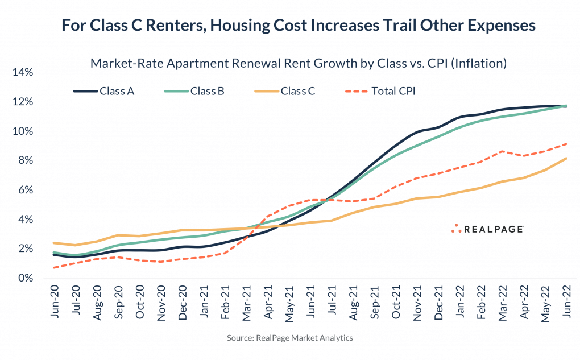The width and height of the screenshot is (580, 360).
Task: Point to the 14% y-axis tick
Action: (x=24, y=72)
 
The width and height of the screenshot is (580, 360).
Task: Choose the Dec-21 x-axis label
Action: (x=438, y=301)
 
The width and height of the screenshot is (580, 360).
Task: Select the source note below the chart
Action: (x=290, y=338)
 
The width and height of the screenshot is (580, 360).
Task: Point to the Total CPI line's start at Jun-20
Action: (x=53, y=268)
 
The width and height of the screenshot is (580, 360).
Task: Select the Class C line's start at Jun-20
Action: (x=53, y=243)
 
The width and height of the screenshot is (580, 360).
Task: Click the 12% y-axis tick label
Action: (x=24, y=102)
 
